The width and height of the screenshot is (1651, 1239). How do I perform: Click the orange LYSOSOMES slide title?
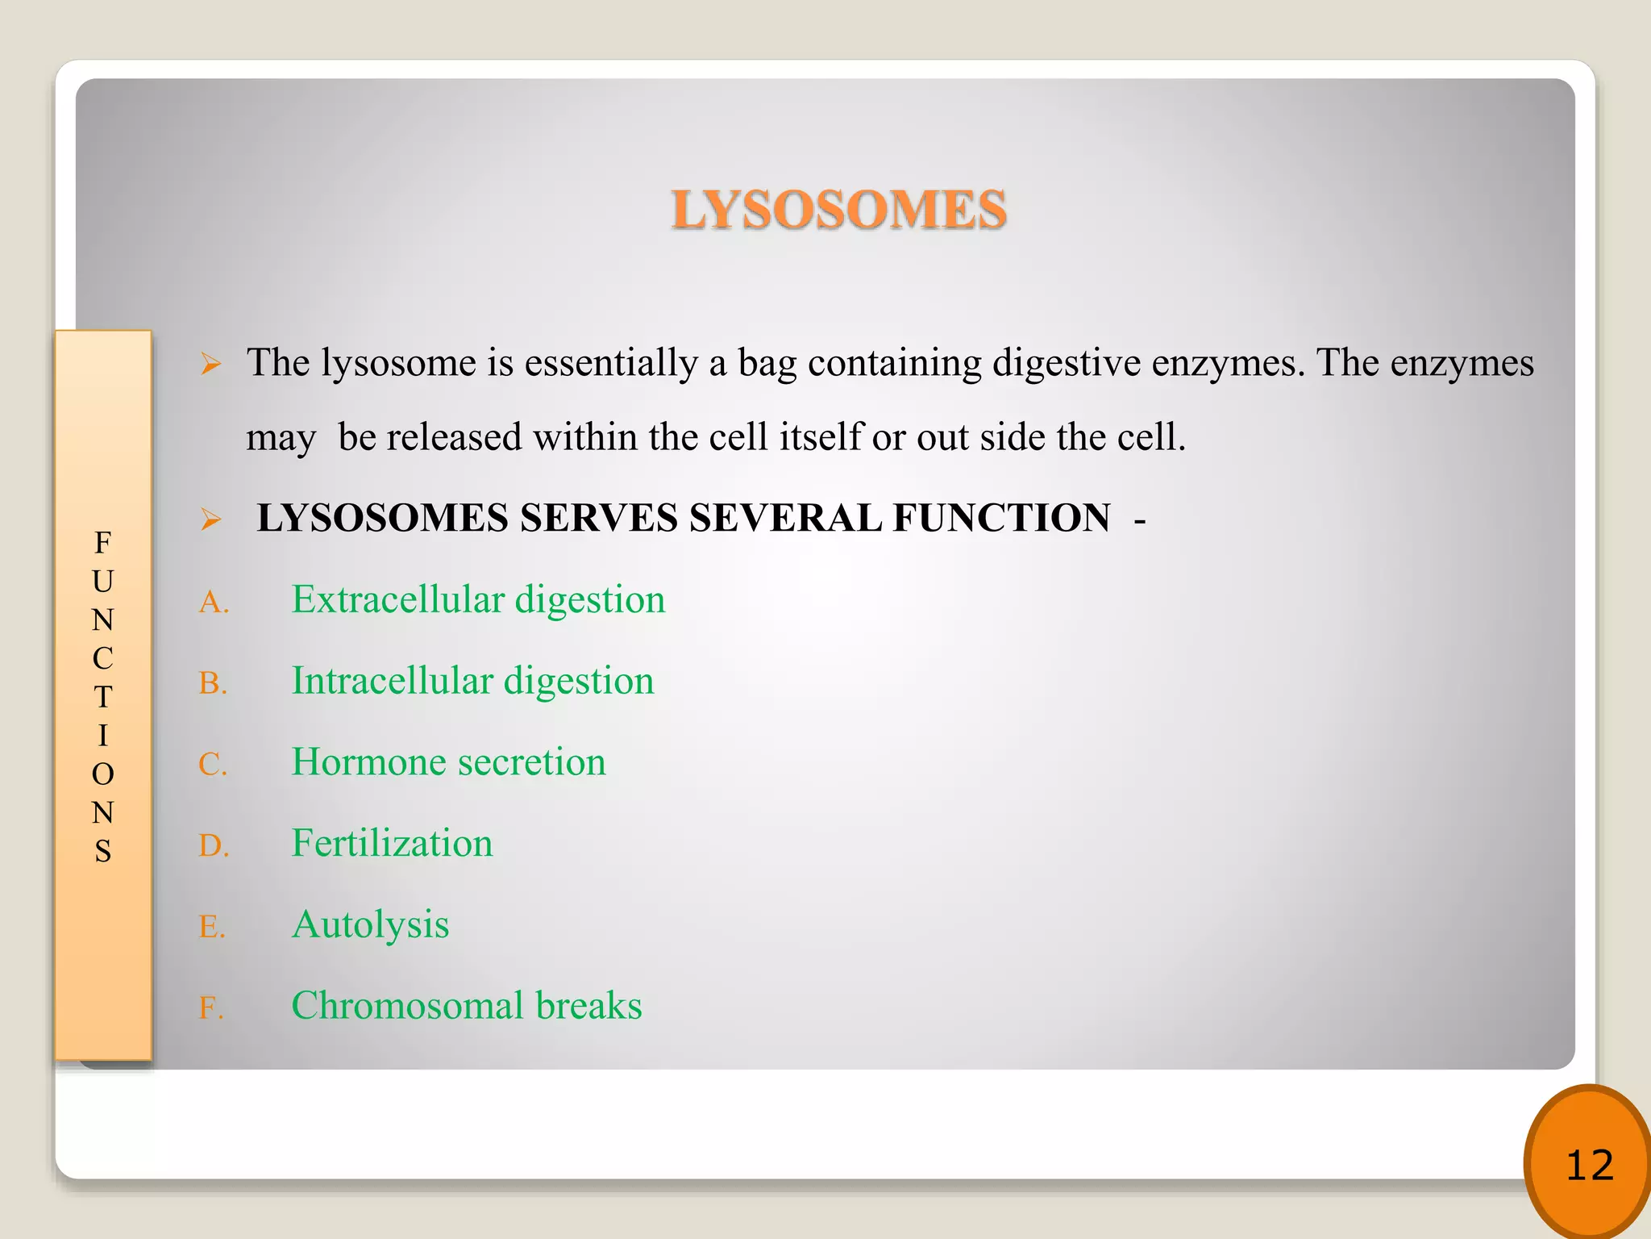point(838,210)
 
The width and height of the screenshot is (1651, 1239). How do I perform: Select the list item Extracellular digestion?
point(478,600)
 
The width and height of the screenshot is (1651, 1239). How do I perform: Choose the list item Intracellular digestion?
point(472,682)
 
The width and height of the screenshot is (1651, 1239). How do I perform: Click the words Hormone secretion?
point(448,762)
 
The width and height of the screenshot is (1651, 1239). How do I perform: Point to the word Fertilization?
point(392,844)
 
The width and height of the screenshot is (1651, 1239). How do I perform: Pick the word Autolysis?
point(370,925)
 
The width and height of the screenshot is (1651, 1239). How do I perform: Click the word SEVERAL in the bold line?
point(785,518)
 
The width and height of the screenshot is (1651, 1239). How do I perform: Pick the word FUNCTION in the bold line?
point(1001,518)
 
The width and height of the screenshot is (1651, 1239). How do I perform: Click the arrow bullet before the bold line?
point(210,519)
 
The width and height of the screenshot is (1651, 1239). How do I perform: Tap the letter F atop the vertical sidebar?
point(102,543)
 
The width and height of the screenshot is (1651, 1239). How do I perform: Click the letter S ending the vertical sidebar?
point(102,852)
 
